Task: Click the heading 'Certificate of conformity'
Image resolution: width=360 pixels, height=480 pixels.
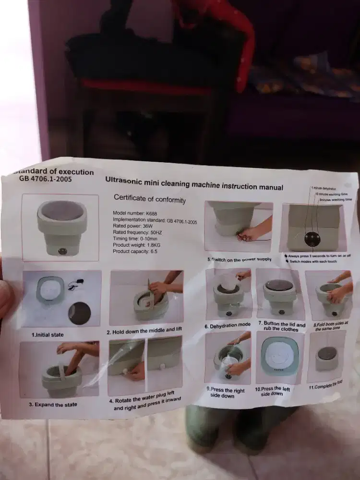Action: point(149,199)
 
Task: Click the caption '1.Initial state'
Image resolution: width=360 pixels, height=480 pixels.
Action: point(48,335)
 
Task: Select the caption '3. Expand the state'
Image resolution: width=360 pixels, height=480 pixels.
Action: point(53,405)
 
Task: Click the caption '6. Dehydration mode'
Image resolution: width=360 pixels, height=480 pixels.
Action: point(227,326)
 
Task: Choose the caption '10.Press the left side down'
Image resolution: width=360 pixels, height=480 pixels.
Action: point(272,391)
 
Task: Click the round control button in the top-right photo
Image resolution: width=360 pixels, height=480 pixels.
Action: point(312,238)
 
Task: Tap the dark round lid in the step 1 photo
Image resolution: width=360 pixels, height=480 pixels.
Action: point(79,313)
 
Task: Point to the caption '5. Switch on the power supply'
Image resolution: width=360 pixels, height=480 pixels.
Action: point(239,259)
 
